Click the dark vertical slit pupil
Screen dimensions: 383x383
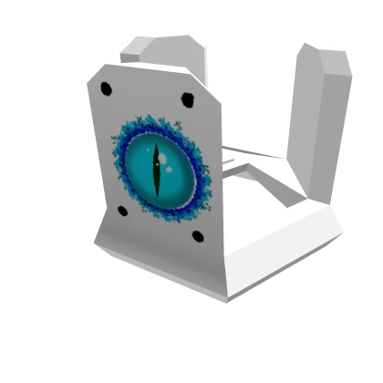pos(157,170)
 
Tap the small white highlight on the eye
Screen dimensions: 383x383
pos(165,159)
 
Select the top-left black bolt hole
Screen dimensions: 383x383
pos(106,88)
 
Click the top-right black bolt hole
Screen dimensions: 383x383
pos(187,98)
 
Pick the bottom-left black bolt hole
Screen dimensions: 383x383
pos(122,212)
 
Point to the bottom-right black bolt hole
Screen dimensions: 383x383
pos(197,236)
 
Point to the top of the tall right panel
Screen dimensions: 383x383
pos(325,50)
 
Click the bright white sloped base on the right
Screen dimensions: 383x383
pos(283,242)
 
